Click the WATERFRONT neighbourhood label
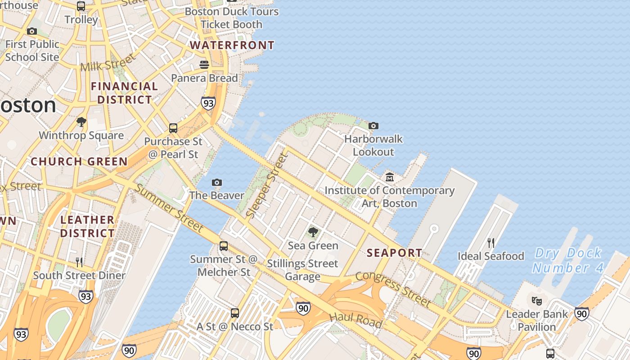click(232, 45)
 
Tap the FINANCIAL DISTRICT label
click(125, 93)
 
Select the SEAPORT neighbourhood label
click(394, 253)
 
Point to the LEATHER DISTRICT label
click(87, 226)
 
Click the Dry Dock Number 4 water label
click(567, 261)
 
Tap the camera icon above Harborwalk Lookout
click(373, 126)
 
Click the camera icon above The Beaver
click(217, 182)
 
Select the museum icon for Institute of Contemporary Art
click(390, 177)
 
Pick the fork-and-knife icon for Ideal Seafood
click(491, 243)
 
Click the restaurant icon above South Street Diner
click(79, 262)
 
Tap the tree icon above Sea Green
click(313, 232)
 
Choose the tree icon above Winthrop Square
click(81, 122)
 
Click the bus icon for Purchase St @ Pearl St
click(173, 128)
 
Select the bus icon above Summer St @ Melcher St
click(224, 246)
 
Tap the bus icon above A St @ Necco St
click(234, 313)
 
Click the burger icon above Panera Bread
click(204, 65)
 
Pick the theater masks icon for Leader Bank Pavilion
click(536, 301)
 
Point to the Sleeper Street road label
click(267, 186)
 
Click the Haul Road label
click(356, 320)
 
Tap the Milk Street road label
click(108, 63)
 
